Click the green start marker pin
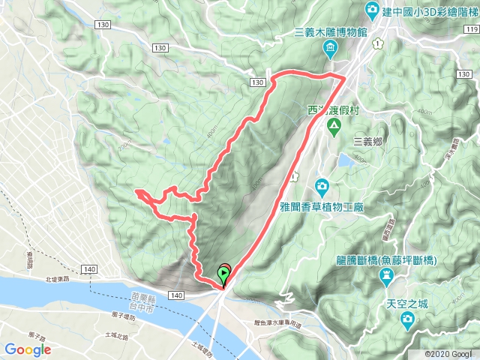click(224, 274)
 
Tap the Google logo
click(28, 349)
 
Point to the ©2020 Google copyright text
click(450, 353)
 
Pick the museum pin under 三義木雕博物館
click(330, 49)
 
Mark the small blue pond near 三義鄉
click(346, 160)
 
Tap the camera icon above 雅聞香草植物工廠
click(321, 184)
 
